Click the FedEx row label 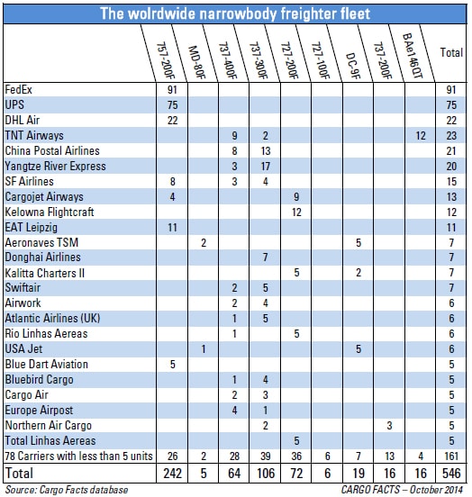tap(18, 90)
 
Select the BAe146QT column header tap(413, 56)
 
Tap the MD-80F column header tap(197, 62)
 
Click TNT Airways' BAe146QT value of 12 tap(421, 136)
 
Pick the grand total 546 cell tap(451, 474)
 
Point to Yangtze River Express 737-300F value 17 tap(266, 166)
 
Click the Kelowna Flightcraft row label tap(50, 212)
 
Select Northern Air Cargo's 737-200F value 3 tap(389, 425)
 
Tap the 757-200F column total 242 tap(173, 474)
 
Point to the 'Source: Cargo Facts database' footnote tap(67, 490)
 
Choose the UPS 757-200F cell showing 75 tap(172, 105)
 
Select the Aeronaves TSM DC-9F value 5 tap(359, 243)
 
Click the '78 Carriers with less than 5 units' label tap(78, 456)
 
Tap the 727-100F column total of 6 tap(327, 474)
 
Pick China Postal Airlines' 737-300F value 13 tap(266, 151)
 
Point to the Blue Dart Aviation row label tap(46, 365)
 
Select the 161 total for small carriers tap(451, 456)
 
